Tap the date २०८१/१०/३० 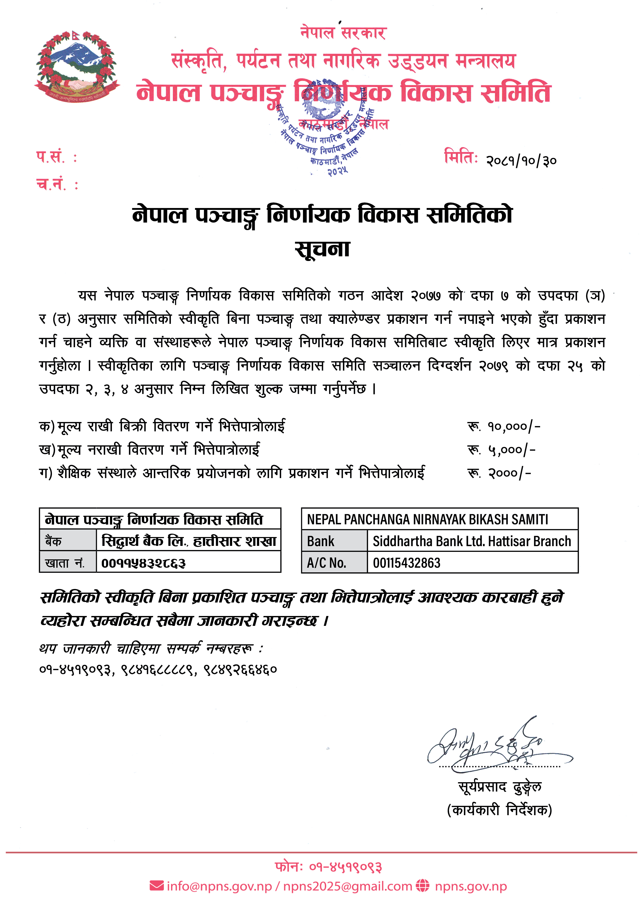[521, 161]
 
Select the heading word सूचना [322, 249]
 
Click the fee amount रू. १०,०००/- [504, 426]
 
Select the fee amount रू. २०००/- [499, 473]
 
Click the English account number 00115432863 [406, 563]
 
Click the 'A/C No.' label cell [326, 563]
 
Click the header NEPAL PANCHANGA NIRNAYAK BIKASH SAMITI [427, 519]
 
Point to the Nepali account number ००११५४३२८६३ [143, 563]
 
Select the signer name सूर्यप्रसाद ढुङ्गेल [500, 787]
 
